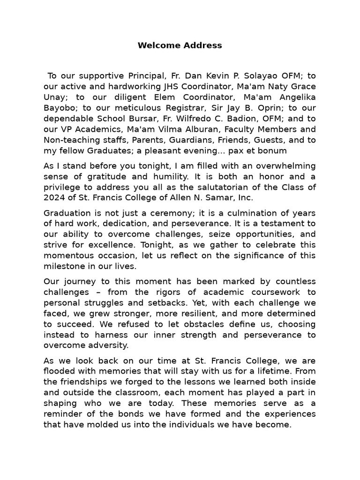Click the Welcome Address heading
point(180,45)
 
